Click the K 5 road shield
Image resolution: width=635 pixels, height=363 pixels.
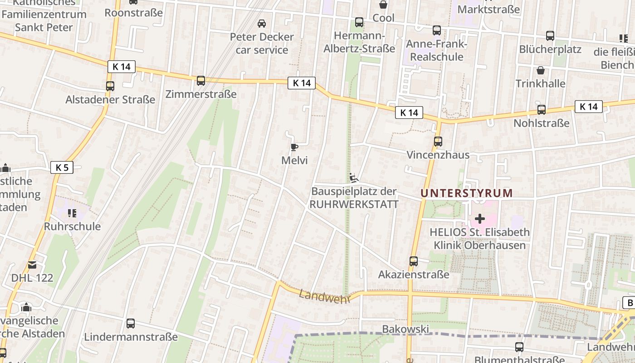pyautogui.click(x=62, y=167)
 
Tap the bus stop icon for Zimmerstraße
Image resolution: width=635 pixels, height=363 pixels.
pyautogui.click(x=201, y=81)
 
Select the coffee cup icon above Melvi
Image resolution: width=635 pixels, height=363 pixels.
pyautogui.click(x=294, y=147)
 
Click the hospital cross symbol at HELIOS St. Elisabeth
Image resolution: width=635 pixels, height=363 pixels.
pyautogui.click(x=479, y=219)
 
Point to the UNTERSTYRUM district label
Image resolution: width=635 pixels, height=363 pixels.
pyautogui.click(x=466, y=193)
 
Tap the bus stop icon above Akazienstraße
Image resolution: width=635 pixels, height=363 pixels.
pyautogui.click(x=413, y=261)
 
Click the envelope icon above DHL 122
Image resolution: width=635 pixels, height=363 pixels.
pyautogui.click(x=32, y=265)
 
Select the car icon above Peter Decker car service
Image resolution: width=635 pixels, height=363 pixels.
pyautogui.click(x=262, y=23)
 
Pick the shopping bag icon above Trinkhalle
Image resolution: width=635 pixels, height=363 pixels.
pyautogui.click(x=540, y=70)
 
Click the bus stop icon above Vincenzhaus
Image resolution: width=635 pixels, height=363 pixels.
pyautogui.click(x=438, y=141)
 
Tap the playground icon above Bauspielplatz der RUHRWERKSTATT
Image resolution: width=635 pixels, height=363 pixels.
pyautogui.click(x=354, y=178)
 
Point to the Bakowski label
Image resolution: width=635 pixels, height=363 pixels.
pyautogui.click(x=405, y=329)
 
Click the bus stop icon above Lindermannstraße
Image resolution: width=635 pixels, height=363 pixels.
pyautogui.click(x=131, y=324)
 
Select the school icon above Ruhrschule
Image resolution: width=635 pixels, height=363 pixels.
pyautogui.click(x=72, y=212)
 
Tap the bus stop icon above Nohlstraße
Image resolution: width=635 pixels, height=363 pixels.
pyautogui.click(x=541, y=109)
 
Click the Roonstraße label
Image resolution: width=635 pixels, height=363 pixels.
pyautogui.click(x=133, y=13)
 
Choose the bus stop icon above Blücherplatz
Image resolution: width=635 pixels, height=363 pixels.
pyautogui.click(x=550, y=35)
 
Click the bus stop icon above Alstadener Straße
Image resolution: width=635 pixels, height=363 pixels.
pyautogui.click(x=110, y=86)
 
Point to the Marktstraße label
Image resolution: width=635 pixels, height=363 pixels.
pyautogui.click(x=488, y=9)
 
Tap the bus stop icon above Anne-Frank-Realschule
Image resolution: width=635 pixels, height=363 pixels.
pyautogui.click(x=436, y=30)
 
